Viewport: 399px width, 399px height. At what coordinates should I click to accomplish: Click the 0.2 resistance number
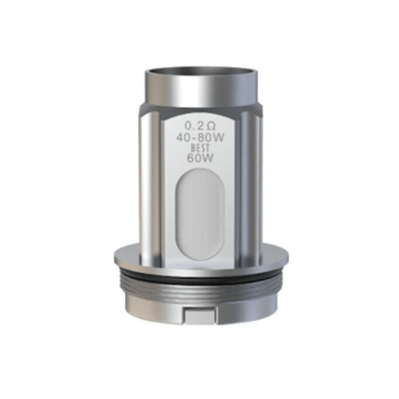[193, 125]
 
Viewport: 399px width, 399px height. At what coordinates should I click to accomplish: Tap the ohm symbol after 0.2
[210, 125]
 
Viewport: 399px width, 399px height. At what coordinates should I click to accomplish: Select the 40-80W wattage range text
[200, 136]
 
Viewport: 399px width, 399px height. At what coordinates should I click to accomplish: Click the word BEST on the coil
[200, 148]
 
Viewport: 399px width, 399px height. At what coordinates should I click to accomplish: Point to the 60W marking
[200, 158]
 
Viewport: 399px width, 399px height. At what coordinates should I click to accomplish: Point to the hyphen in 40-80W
[196, 136]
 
